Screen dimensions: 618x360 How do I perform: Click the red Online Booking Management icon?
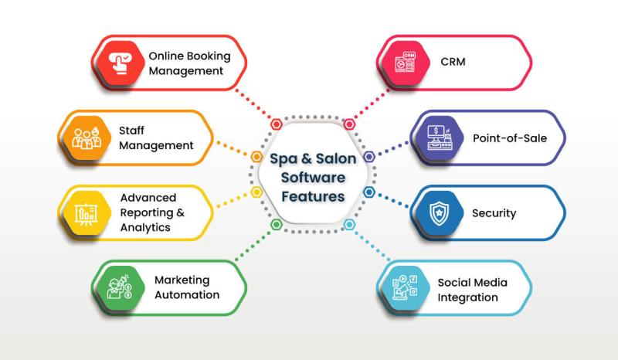[x=121, y=63]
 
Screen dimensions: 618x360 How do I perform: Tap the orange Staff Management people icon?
[x=87, y=138]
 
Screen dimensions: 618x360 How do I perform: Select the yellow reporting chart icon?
[x=87, y=214]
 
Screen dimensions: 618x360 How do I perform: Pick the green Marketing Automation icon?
[x=120, y=287]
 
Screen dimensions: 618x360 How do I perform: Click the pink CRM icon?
[x=405, y=63]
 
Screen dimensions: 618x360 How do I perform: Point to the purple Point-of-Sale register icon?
[x=439, y=138]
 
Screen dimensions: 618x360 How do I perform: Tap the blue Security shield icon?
[x=439, y=213]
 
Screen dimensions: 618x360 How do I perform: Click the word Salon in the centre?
[x=336, y=158]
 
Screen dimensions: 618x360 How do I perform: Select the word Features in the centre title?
[x=313, y=196]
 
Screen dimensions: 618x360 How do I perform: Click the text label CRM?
[x=453, y=62]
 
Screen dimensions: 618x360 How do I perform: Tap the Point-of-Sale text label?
[x=510, y=138]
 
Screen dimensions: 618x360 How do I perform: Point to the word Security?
[x=494, y=213]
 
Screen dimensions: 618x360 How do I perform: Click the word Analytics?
[x=145, y=228]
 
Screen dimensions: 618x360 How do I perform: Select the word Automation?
[x=187, y=295]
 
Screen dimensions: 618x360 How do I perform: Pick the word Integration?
[x=467, y=297]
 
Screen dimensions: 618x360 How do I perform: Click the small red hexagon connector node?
[x=277, y=124]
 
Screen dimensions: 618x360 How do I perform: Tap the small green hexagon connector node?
[x=277, y=225]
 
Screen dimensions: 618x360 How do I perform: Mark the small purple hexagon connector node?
[x=369, y=157]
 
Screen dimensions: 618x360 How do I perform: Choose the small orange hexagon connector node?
[x=256, y=157]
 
